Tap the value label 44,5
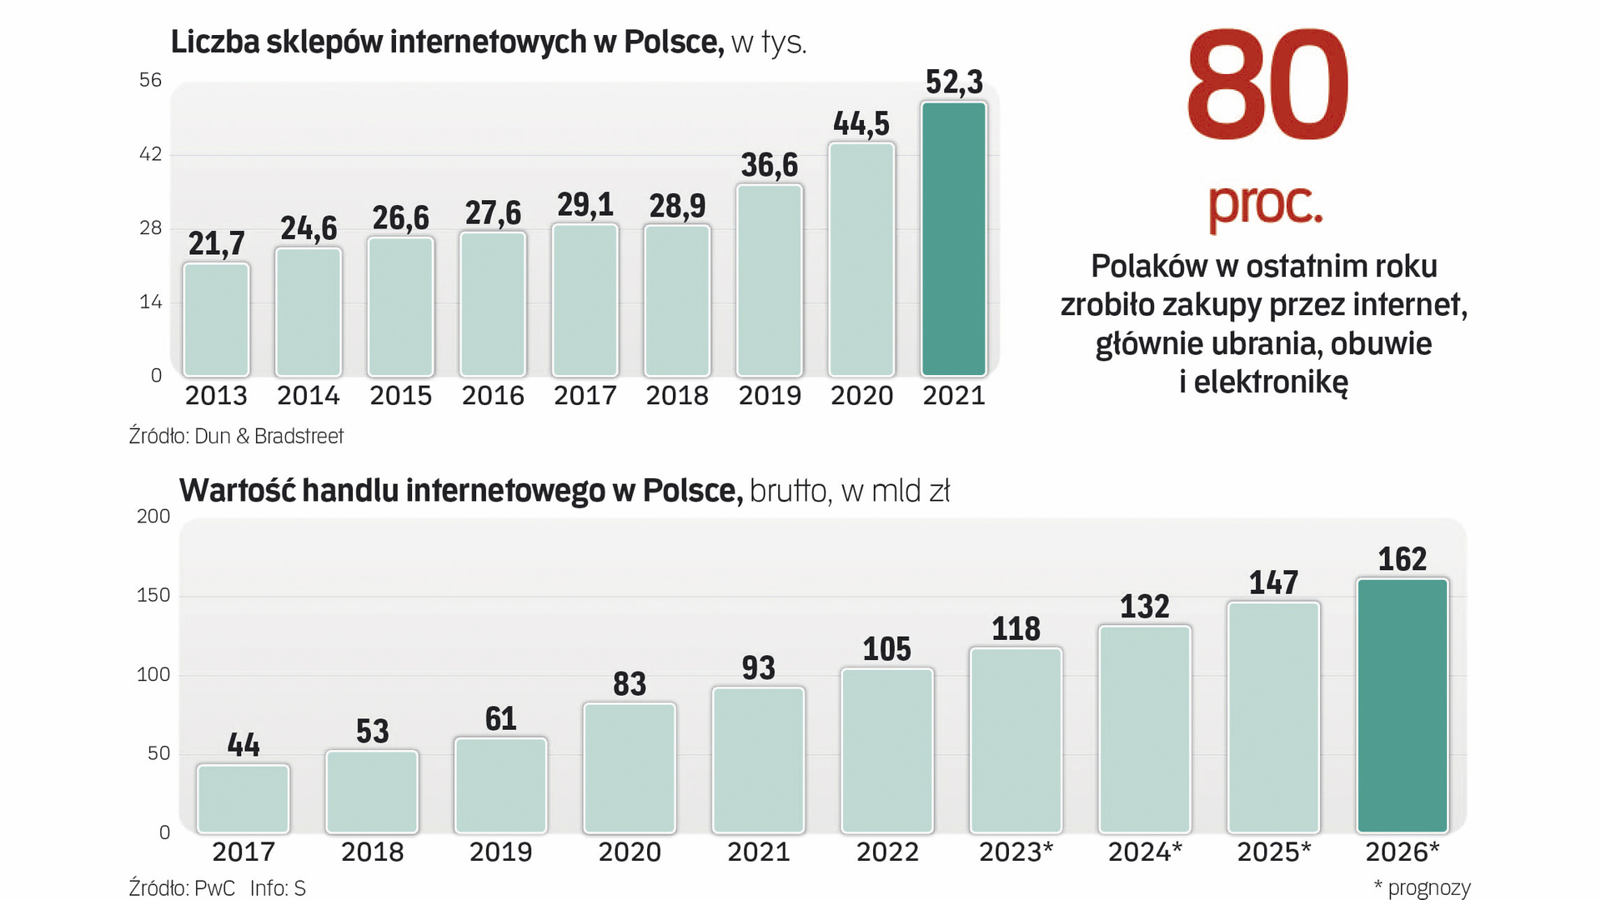click(861, 124)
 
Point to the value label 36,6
click(769, 165)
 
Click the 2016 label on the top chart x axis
click(493, 395)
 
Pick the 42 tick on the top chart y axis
click(150, 154)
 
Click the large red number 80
click(1266, 86)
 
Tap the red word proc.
click(1265, 204)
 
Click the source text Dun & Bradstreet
click(269, 436)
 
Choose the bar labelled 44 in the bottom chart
click(243, 798)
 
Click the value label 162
click(1403, 559)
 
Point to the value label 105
click(887, 649)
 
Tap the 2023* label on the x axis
click(1016, 852)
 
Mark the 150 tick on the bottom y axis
click(153, 595)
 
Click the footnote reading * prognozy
click(1422, 887)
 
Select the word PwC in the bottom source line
click(214, 887)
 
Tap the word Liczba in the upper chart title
click(214, 42)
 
